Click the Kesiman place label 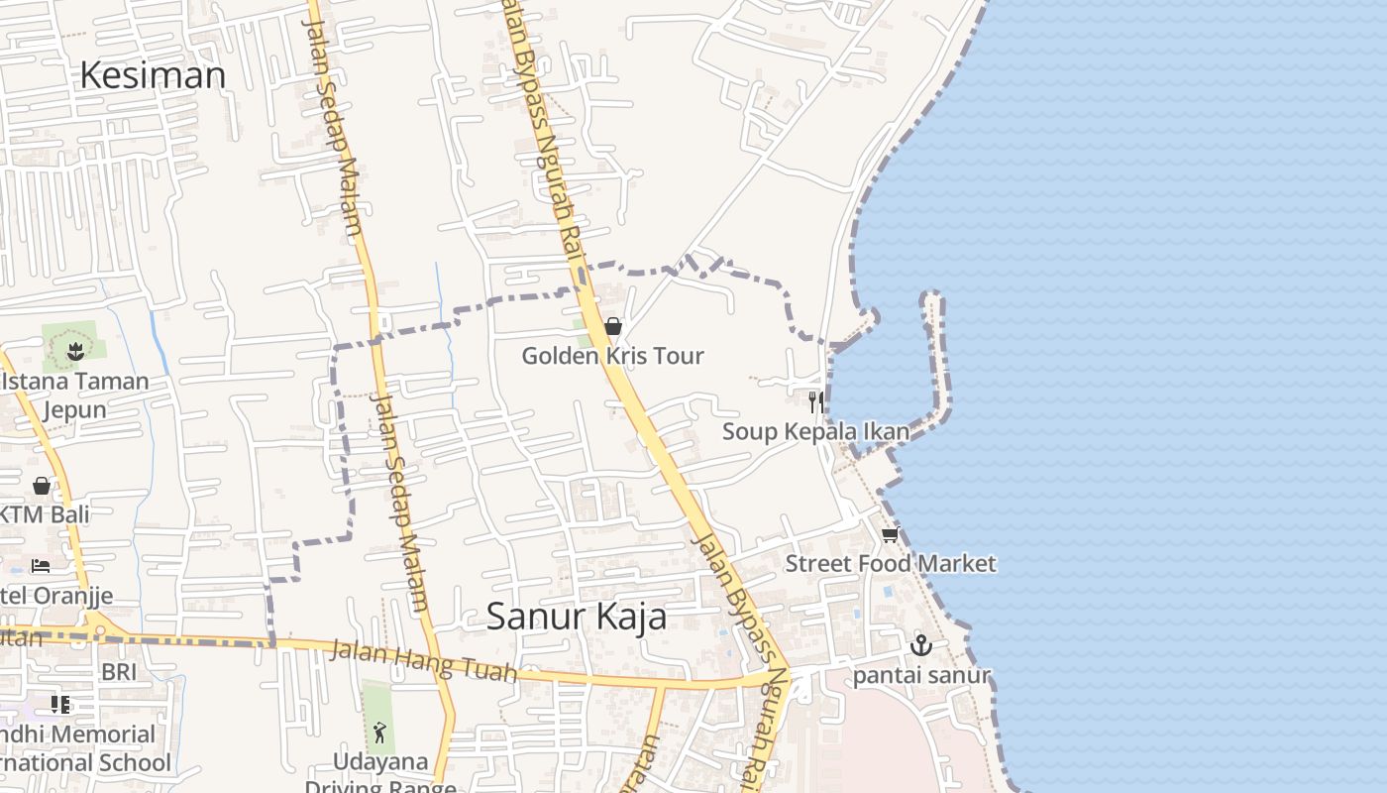153,75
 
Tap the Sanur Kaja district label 576,617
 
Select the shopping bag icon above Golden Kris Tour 613,326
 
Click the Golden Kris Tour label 612,356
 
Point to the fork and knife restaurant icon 816,401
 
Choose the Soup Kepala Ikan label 815,431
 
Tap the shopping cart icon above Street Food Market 890,535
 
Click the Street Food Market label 890,563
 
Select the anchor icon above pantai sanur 921,645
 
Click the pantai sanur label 921,676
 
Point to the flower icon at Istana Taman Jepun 75,350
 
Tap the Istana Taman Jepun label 75,395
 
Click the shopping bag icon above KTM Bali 42,486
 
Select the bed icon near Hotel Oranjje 41,566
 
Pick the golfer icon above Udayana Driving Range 379,733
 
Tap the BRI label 119,672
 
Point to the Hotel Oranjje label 57,596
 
